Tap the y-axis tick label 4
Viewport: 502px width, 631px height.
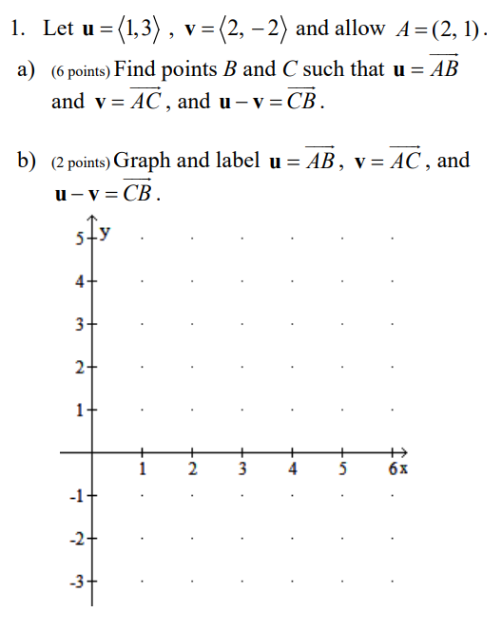80,281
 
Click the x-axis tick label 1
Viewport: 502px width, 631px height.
143,468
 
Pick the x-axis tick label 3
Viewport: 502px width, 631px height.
242,468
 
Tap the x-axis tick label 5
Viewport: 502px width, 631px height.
343,468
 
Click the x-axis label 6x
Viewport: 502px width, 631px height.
397,468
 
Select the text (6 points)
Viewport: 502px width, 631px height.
81,71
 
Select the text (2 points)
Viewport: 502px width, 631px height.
81,162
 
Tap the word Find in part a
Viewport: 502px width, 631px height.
139,69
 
